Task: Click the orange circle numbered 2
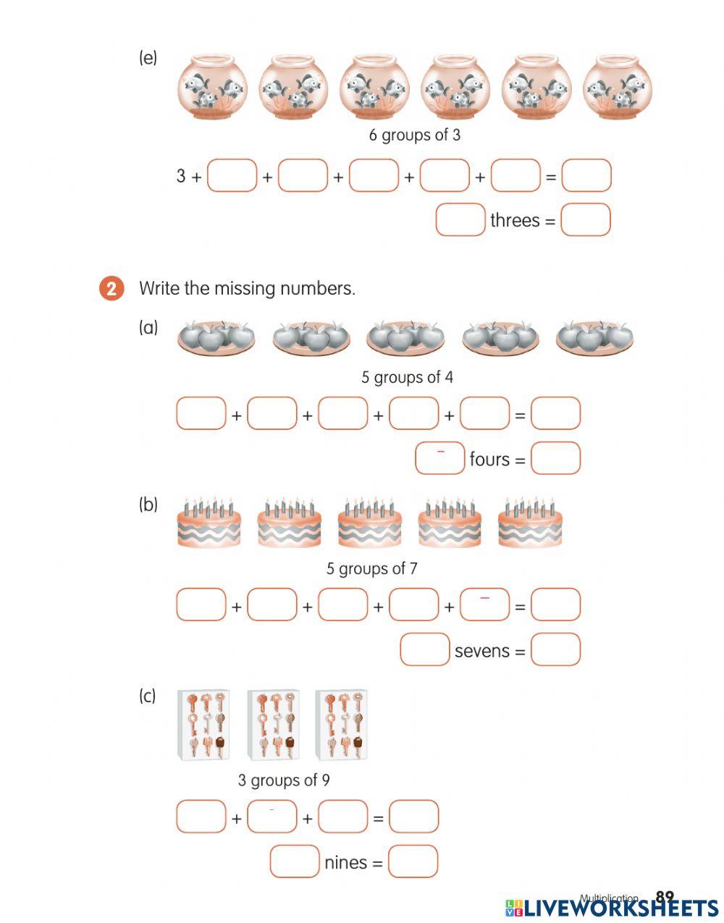[x=111, y=289]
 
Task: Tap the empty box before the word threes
[x=460, y=220]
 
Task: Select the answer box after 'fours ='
[x=555, y=458]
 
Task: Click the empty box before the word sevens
[x=425, y=649]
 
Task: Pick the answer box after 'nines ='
[x=413, y=861]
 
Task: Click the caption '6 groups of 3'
[x=414, y=135]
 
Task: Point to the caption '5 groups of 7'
[x=371, y=568]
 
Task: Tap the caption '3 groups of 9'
[x=284, y=780]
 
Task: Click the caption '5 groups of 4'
[x=407, y=377]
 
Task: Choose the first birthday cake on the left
[x=209, y=523]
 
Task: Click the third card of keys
[x=341, y=724]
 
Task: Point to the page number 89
[x=664, y=898]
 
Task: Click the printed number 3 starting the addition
[x=181, y=176]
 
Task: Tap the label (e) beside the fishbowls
[x=148, y=59]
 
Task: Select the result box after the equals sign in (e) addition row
[x=586, y=176]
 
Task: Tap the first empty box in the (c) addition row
[x=201, y=817]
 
